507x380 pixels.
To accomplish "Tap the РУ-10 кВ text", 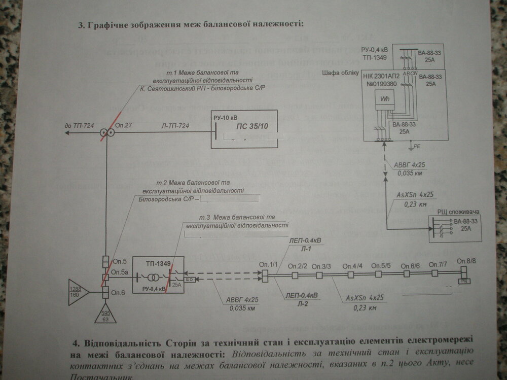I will coord(226,118).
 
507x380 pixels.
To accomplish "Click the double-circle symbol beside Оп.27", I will coord(106,133).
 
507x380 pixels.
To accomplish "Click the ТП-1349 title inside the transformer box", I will coord(158,263).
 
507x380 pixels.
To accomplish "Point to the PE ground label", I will coord(417,146).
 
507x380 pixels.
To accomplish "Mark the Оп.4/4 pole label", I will coord(352,266).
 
